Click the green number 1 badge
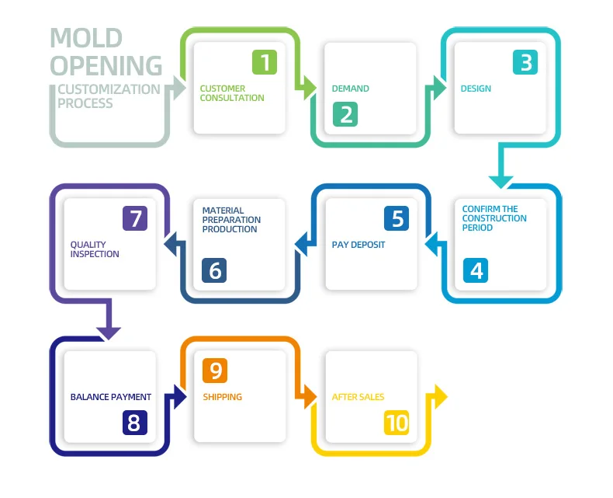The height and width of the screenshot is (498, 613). click(265, 62)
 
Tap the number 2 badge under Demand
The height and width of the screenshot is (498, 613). click(346, 114)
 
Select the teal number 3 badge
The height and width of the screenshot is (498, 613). click(526, 62)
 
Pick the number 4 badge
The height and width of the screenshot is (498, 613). click(476, 270)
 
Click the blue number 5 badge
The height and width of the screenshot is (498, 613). click(397, 218)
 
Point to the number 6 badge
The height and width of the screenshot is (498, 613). click(214, 270)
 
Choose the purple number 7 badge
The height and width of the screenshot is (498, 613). click(135, 218)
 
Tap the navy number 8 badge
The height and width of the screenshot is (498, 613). click(135, 422)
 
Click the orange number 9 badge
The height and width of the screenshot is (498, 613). click(215, 371)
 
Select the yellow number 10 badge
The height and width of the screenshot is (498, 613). click(397, 422)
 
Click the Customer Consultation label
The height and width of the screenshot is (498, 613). click(232, 93)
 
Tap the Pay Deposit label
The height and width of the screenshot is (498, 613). click(358, 245)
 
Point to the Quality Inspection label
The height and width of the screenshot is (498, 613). click(95, 249)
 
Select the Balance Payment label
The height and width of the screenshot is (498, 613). click(111, 397)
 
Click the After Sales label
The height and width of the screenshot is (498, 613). click(358, 397)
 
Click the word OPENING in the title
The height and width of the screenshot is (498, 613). click(106, 64)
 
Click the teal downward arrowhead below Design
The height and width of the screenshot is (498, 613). click(501, 181)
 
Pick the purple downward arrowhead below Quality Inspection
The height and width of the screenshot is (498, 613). click(109, 333)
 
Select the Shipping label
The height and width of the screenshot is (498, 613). click(223, 397)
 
